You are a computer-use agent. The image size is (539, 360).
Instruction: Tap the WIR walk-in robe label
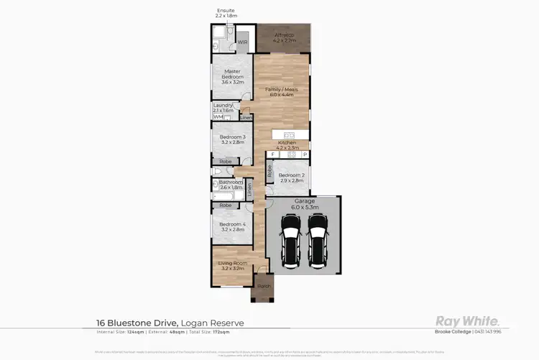tap(243, 42)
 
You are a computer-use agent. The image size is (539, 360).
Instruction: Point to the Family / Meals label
tap(282, 90)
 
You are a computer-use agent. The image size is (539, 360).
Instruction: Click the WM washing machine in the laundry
tap(217, 116)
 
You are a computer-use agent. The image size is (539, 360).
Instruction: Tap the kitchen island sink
tap(289, 135)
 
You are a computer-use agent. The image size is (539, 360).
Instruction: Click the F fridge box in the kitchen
tap(273, 154)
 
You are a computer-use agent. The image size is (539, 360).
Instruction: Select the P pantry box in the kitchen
tap(305, 154)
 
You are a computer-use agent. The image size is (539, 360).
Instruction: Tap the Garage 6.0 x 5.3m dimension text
tap(303, 206)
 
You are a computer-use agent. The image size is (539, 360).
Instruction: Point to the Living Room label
tap(232, 264)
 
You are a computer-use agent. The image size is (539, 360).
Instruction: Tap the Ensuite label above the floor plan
tap(226, 11)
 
